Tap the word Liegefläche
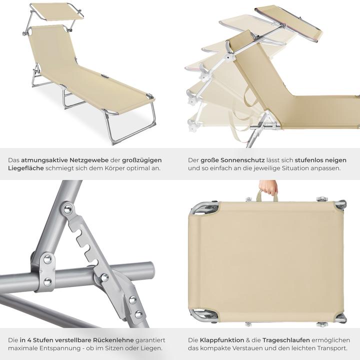coord(26,168)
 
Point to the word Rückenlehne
coord(113,340)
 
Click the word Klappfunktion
coord(222,340)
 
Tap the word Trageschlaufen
coord(286,340)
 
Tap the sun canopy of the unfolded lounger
coord(56,12)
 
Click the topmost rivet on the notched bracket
coord(67,209)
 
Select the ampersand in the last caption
coord(247,340)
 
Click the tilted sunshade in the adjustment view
coord(288,23)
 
